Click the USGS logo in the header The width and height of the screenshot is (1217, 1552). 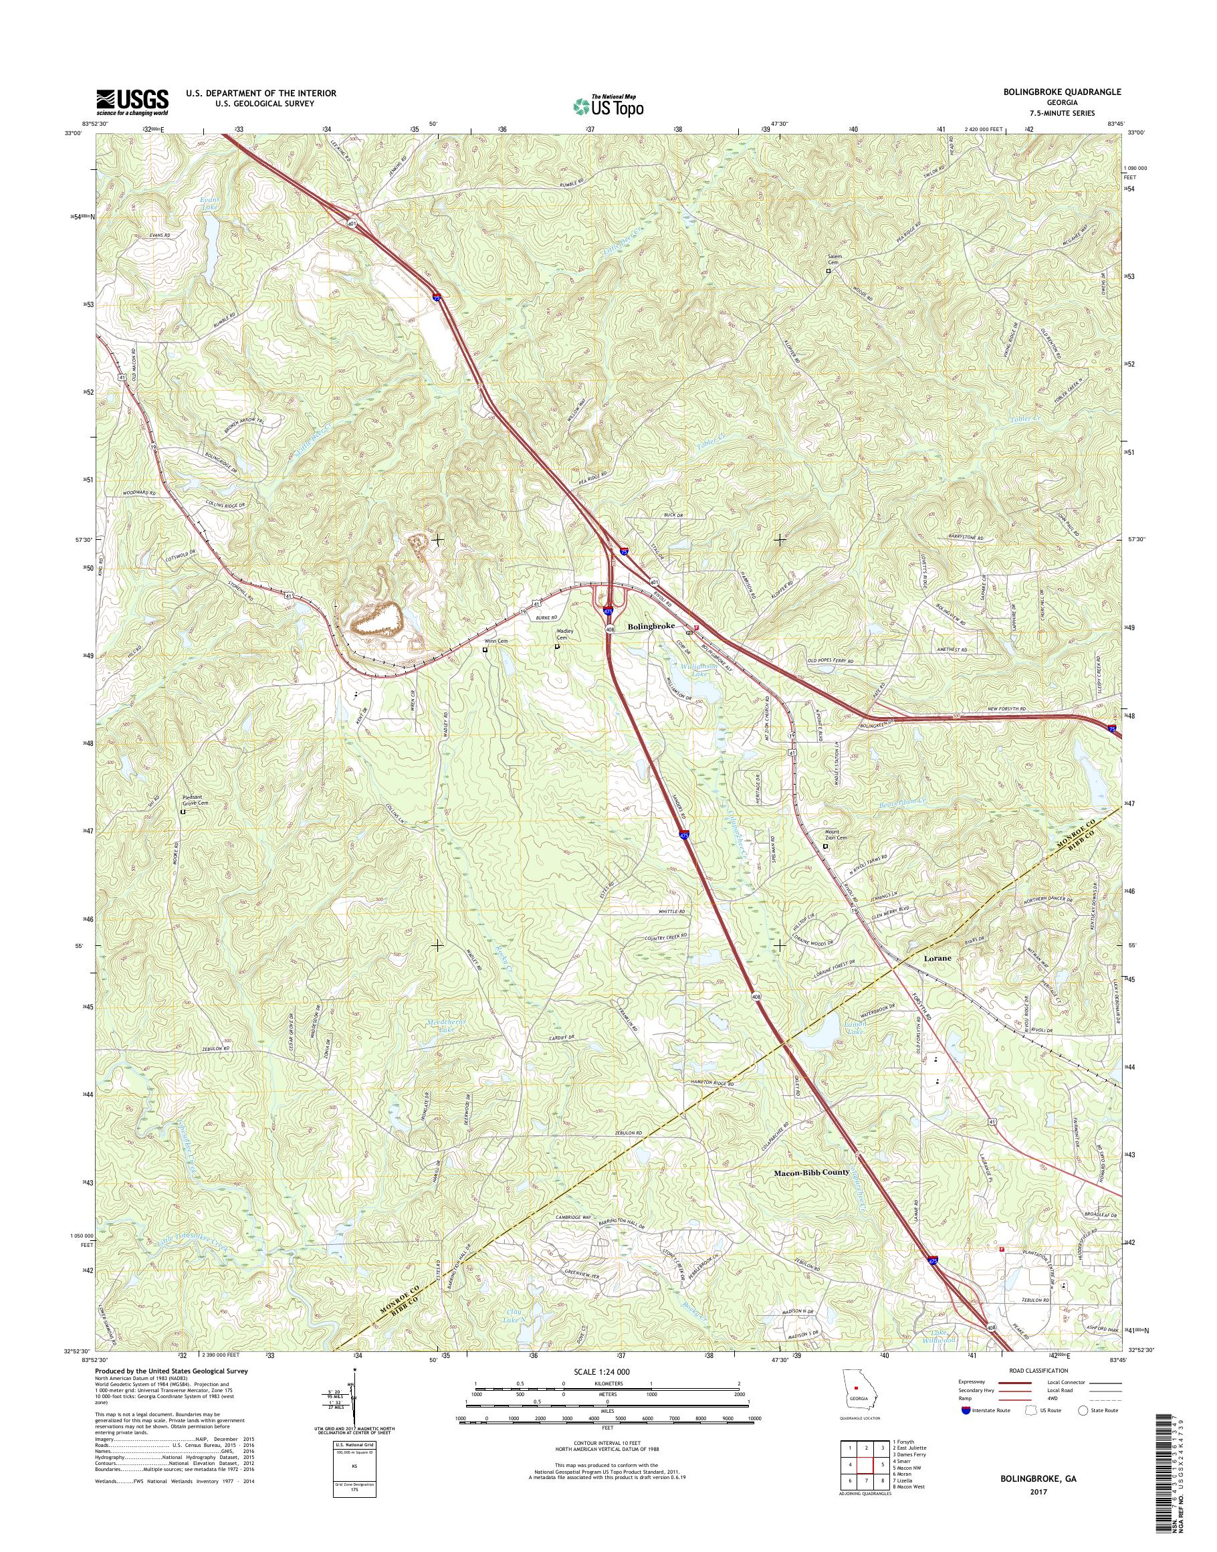click(132, 102)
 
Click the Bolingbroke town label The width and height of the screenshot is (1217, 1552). click(651, 626)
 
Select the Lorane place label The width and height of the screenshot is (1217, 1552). click(937, 959)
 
